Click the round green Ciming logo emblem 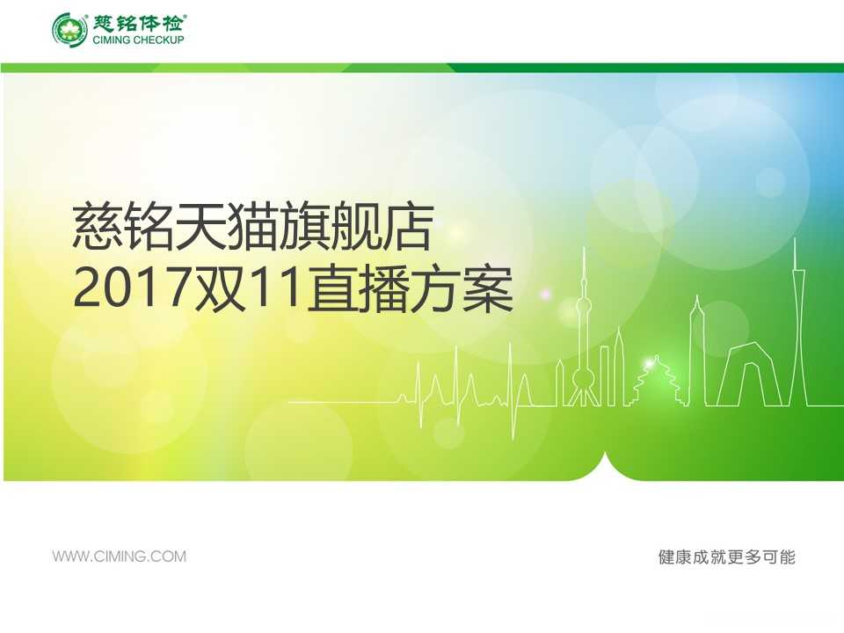[x=69, y=29]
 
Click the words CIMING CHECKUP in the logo [x=138, y=40]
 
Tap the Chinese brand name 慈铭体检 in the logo [x=139, y=23]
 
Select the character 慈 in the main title [x=98, y=227]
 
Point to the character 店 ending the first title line [x=407, y=227]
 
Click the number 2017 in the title [x=131, y=289]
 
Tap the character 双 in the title [x=219, y=289]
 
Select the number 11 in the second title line [x=274, y=289]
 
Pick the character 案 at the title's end [x=488, y=289]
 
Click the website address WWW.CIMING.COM [x=119, y=556]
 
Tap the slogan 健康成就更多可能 [x=727, y=557]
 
